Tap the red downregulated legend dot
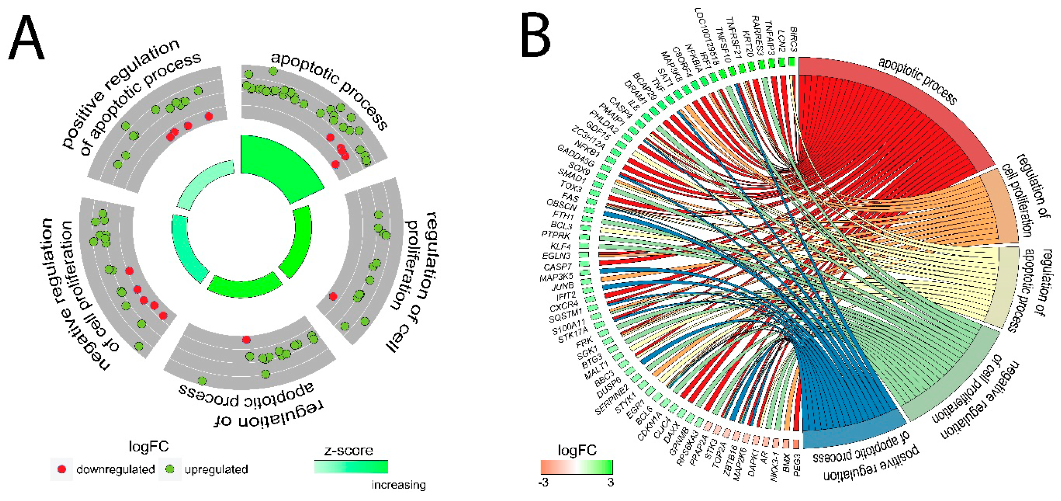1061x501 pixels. point(62,469)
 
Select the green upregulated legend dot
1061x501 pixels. point(170,469)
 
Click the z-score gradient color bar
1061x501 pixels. point(350,467)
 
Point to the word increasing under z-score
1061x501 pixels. point(398,485)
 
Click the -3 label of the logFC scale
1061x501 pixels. point(543,482)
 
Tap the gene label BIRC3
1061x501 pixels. point(793,39)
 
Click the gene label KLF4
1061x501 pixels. point(560,246)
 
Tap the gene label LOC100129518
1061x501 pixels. point(706,36)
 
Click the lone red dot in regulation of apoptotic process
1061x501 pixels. point(246,340)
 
